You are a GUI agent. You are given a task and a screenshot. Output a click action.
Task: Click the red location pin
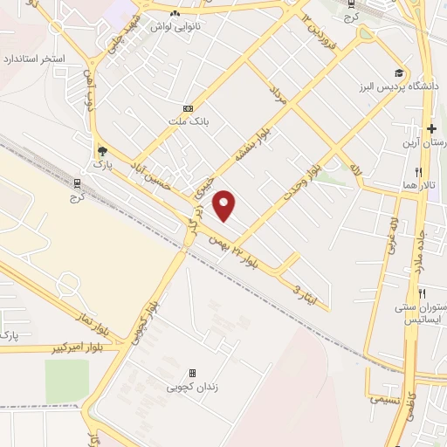tap(226, 205)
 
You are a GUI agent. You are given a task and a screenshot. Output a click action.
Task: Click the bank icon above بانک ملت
tap(187, 108)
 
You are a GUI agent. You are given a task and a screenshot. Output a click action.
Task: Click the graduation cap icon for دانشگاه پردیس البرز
tap(399, 72)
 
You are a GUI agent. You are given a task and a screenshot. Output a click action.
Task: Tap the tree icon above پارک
tap(104, 149)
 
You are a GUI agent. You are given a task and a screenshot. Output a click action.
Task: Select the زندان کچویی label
tap(193, 386)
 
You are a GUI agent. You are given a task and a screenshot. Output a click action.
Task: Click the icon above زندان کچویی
tap(193, 373)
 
